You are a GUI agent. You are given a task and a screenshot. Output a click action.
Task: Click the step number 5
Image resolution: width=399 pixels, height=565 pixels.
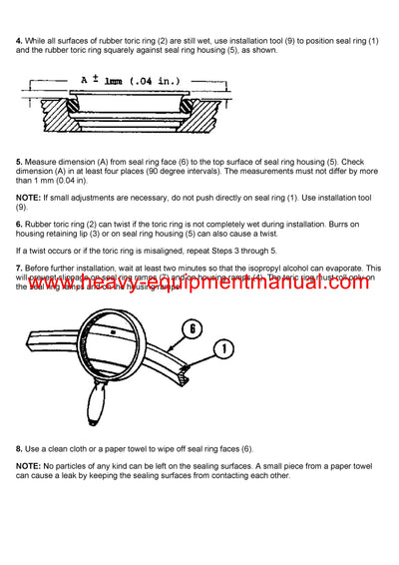point(19,161)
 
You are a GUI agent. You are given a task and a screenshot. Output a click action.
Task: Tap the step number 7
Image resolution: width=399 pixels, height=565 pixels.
point(19,268)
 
